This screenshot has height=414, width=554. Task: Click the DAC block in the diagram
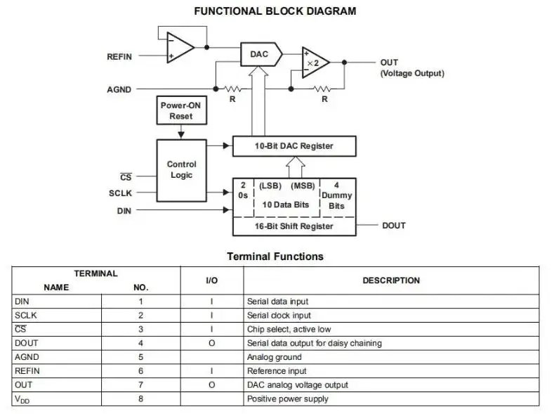pos(259,53)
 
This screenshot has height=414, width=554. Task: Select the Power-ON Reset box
pos(180,110)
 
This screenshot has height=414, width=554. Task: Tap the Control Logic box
pos(182,169)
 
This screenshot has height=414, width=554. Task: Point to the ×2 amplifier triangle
pos(314,62)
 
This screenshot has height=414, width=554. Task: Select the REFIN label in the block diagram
pos(119,57)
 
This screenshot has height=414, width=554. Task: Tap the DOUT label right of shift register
pos(393,226)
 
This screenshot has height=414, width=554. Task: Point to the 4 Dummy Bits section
pos(337,195)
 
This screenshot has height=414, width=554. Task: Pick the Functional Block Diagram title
pos(275,11)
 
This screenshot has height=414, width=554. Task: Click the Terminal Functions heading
pos(275,257)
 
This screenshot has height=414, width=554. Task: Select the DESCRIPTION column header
pos(391,280)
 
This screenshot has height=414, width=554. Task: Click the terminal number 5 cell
pos(140,357)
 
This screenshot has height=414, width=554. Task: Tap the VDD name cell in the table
pos(23,399)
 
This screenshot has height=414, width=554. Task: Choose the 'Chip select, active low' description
pos(289,329)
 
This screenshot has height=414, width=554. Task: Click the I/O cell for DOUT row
pos(211,343)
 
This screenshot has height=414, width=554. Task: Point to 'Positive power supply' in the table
pos(287,399)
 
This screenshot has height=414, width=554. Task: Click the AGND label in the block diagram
pos(119,89)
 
